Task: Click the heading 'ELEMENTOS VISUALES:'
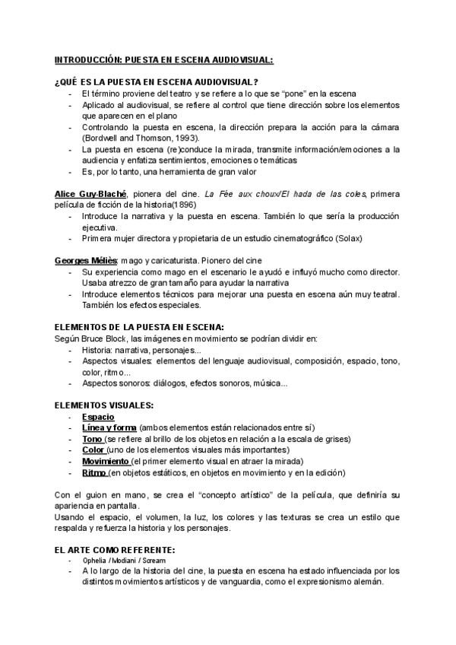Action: point(104,405)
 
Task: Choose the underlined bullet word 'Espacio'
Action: point(98,417)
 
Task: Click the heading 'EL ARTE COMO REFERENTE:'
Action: point(115,550)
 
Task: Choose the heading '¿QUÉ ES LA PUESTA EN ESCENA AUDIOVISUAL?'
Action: point(157,82)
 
